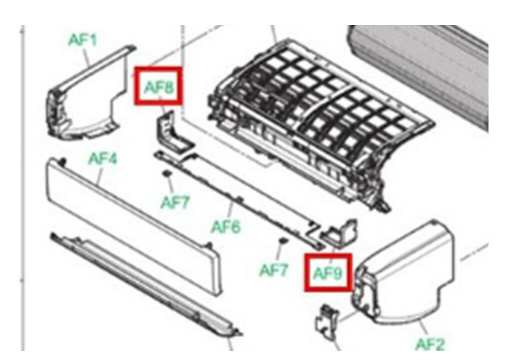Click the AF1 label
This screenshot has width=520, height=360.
[x=82, y=40]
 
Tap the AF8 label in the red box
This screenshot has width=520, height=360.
[x=159, y=87]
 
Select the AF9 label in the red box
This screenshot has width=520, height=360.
[x=327, y=273]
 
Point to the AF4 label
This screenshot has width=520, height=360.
[x=103, y=159]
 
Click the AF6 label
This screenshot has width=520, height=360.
[x=226, y=227]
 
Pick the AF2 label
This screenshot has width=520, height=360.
[x=430, y=344]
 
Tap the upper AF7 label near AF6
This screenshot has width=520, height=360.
[x=175, y=202]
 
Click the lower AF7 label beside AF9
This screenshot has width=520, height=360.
[x=273, y=270]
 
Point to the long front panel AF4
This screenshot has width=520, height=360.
[x=132, y=225]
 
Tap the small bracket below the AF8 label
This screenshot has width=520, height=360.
[x=173, y=132]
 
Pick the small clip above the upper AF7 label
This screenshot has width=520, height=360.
[x=166, y=173]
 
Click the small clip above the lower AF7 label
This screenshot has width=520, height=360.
[x=282, y=240]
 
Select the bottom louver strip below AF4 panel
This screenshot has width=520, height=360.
[x=146, y=285]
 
